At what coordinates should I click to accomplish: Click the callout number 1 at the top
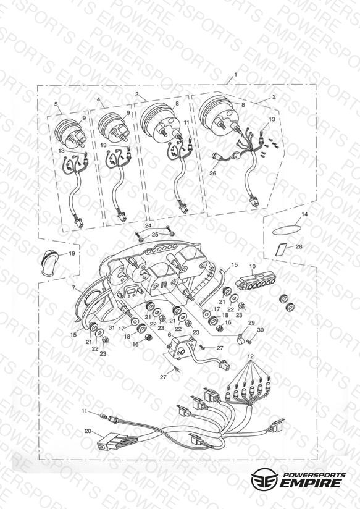(x=235, y=74)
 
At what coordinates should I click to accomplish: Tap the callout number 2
(x=274, y=97)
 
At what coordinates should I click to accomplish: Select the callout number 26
(x=212, y=174)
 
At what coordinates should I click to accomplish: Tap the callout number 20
(x=88, y=431)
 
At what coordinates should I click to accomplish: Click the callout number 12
(x=250, y=356)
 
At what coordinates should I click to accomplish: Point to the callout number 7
(x=73, y=288)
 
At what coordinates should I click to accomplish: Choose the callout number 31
(x=112, y=327)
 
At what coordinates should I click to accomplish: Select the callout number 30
(x=260, y=329)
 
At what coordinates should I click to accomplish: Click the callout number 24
(x=148, y=225)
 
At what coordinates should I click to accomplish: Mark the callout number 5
(x=56, y=104)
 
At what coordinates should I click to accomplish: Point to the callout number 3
(x=137, y=94)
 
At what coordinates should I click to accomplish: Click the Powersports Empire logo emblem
(x=264, y=478)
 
